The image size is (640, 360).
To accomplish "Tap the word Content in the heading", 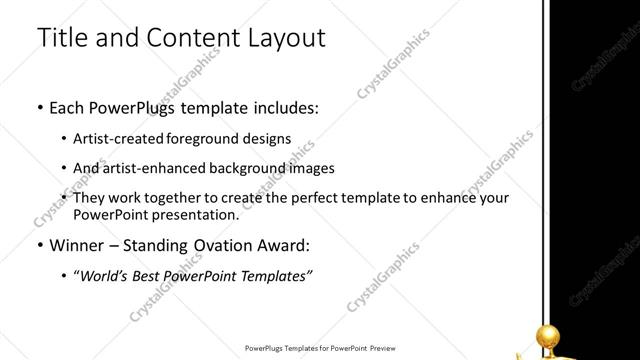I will [x=191, y=39].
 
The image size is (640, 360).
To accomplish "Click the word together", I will [x=193, y=199].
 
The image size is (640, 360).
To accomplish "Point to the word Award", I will [x=282, y=244].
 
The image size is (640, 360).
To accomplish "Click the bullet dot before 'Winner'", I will [x=39, y=245].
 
